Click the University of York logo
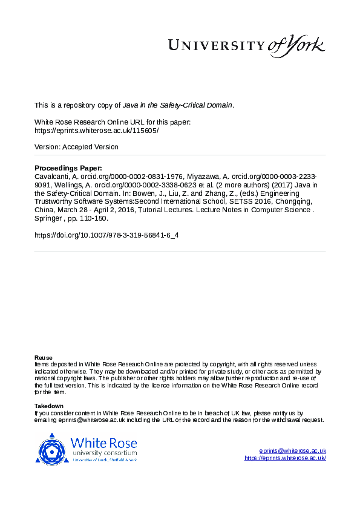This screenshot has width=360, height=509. pos(246,45)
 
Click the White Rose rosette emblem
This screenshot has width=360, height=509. pos(53,449)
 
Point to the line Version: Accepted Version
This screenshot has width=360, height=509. pos(76,147)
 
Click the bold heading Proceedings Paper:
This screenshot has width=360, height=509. pos(68,168)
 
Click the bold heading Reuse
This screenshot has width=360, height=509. pos(44,358)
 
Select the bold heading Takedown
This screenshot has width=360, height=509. pos(49,406)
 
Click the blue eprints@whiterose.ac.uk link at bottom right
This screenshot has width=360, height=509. pos(293,451)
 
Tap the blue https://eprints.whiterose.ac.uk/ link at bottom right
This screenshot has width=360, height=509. pos(285,458)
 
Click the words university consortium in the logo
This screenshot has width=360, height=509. pos(104,453)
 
